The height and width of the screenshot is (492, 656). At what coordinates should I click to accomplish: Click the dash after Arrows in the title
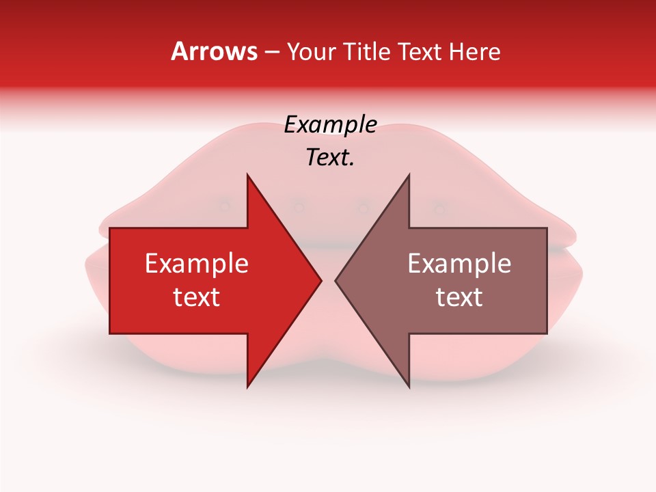[x=272, y=53]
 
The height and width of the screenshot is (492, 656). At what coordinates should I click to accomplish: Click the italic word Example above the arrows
[x=330, y=125]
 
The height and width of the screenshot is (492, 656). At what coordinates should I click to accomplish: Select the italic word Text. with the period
[x=330, y=158]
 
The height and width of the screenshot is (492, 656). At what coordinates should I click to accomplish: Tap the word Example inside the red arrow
[x=197, y=264]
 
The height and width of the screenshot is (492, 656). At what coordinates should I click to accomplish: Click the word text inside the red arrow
[x=197, y=297]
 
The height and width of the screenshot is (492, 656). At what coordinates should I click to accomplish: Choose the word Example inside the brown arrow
[x=459, y=264]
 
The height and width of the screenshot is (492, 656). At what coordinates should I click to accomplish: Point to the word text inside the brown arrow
[x=459, y=297]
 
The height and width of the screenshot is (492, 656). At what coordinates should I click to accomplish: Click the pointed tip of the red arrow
[x=320, y=280]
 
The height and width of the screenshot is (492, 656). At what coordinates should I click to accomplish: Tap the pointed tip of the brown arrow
[x=336, y=280]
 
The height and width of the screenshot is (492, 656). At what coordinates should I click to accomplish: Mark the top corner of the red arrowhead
[x=247, y=175]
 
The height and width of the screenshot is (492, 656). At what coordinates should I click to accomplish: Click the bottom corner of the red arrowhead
[x=247, y=387]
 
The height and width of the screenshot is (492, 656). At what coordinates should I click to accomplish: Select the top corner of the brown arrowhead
[x=409, y=175]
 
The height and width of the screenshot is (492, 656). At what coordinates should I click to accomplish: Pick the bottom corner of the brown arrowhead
[x=409, y=387]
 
